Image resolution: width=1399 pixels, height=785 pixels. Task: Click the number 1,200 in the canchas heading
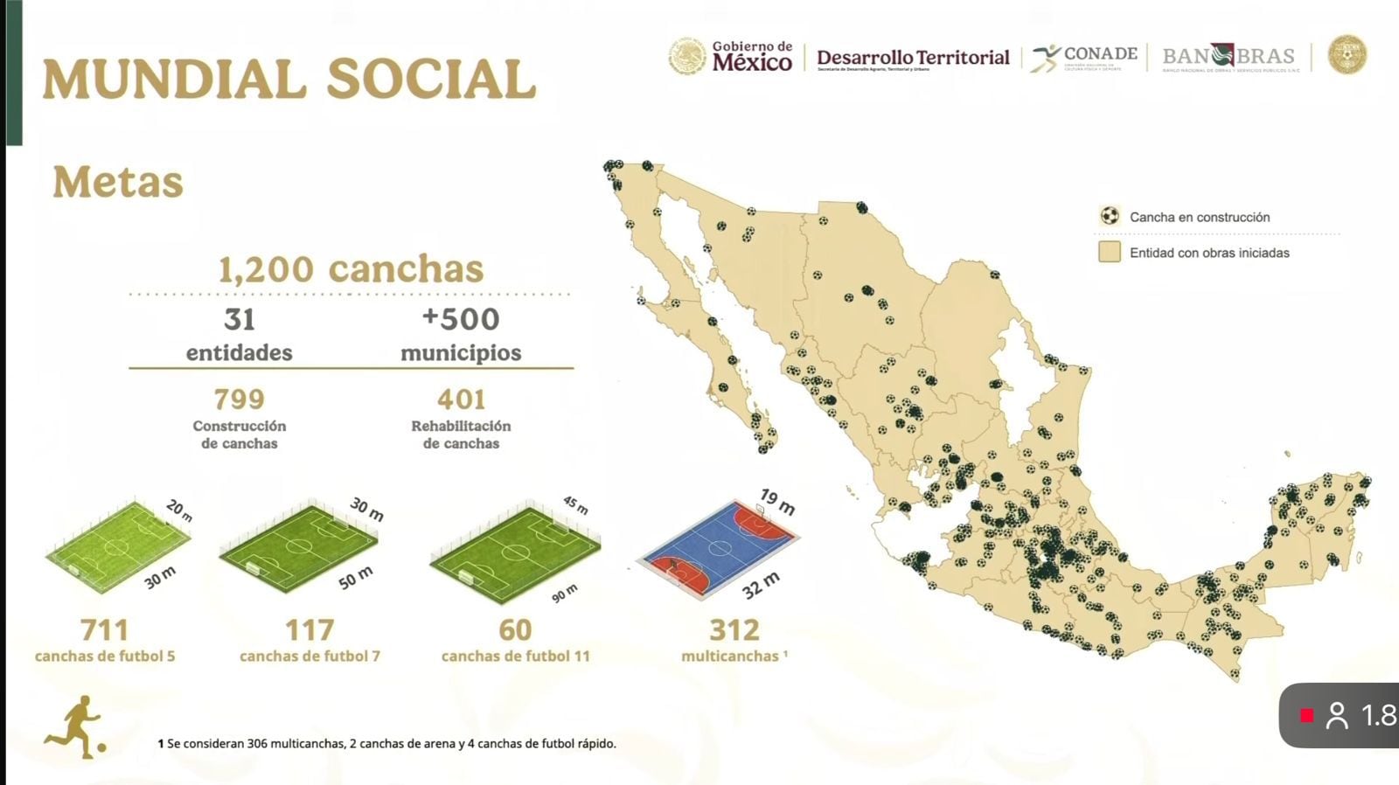click(x=266, y=269)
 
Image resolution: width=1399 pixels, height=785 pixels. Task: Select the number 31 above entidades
click(x=239, y=320)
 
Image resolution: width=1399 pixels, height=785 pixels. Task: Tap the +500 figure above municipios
click(x=460, y=319)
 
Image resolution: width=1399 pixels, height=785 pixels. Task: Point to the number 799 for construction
click(x=239, y=399)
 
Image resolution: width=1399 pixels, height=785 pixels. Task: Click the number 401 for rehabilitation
click(x=461, y=399)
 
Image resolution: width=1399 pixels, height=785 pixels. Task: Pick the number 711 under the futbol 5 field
click(x=104, y=629)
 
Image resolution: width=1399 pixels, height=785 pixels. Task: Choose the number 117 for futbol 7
click(x=310, y=629)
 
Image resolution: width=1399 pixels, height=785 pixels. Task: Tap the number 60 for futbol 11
click(x=515, y=629)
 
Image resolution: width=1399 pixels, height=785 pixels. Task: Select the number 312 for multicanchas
click(x=734, y=629)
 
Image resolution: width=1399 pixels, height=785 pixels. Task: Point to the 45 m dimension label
click(x=574, y=505)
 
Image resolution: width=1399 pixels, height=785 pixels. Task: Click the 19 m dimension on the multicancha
click(x=777, y=502)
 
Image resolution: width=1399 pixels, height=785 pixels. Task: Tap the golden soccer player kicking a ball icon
click(x=76, y=726)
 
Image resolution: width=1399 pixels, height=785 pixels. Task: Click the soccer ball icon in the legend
click(x=1110, y=216)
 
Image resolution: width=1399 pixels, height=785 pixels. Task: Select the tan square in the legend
click(x=1110, y=253)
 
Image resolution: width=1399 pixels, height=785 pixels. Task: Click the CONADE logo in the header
click(x=1084, y=58)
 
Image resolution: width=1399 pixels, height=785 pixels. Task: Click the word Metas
click(x=118, y=182)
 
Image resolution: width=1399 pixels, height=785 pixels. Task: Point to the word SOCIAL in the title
click(x=430, y=80)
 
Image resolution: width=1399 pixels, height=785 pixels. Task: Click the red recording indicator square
click(x=1306, y=715)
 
